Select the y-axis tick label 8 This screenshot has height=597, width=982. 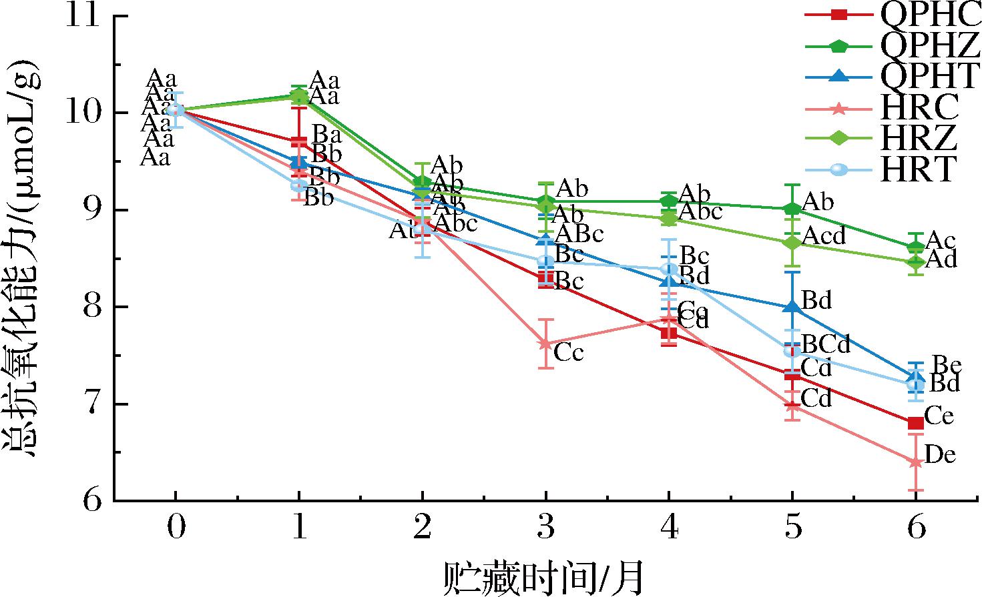click(x=93, y=308)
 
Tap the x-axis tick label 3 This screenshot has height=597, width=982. click(x=545, y=528)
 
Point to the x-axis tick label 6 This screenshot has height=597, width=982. click(x=915, y=528)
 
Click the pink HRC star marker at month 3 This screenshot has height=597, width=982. click(x=545, y=344)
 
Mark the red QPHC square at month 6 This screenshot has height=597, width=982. click(x=915, y=423)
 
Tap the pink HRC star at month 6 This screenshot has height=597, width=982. click(x=915, y=462)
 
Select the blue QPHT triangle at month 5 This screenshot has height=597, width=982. click(x=792, y=308)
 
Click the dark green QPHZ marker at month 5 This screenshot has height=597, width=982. click(x=792, y=209)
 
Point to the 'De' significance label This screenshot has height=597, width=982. click(x=941, y=456)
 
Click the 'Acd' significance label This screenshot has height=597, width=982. click(x=824, y=235)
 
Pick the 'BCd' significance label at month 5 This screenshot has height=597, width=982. click(x=826, y=344)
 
